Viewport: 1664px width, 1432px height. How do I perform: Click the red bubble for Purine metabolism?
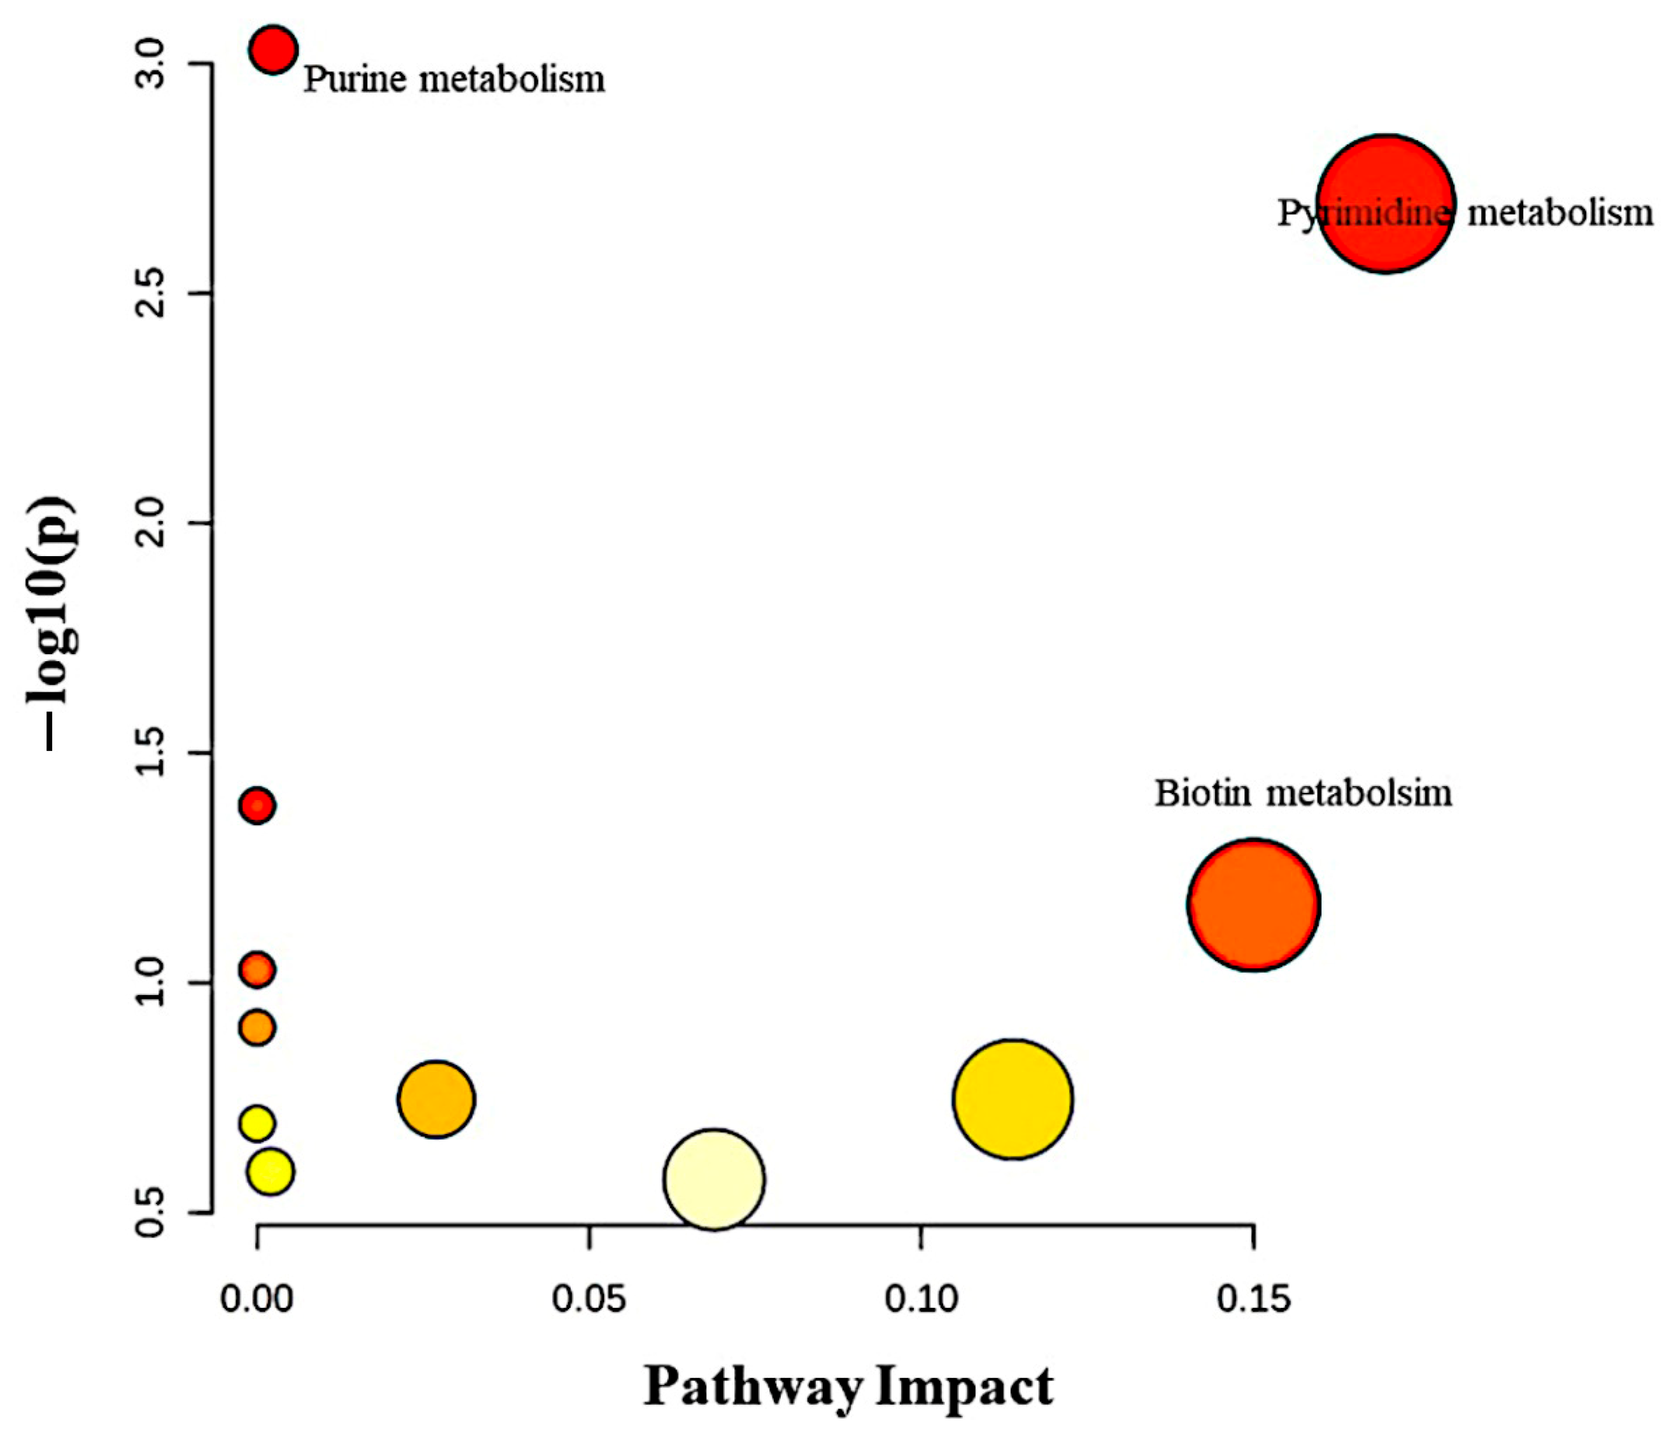tap(273, 50)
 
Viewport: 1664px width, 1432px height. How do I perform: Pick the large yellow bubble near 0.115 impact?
tap(1014, 1099)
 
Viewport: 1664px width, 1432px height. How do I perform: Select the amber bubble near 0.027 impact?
tap(436, 1099)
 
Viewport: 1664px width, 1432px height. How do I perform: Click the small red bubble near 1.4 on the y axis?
tap(257, 805)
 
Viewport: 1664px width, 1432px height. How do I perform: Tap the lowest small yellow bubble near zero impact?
tap(271, 1171)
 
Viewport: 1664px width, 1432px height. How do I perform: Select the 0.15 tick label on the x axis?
tap(1253, 1299)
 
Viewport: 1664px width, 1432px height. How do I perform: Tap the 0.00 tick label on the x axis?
tap(257, 1299)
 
